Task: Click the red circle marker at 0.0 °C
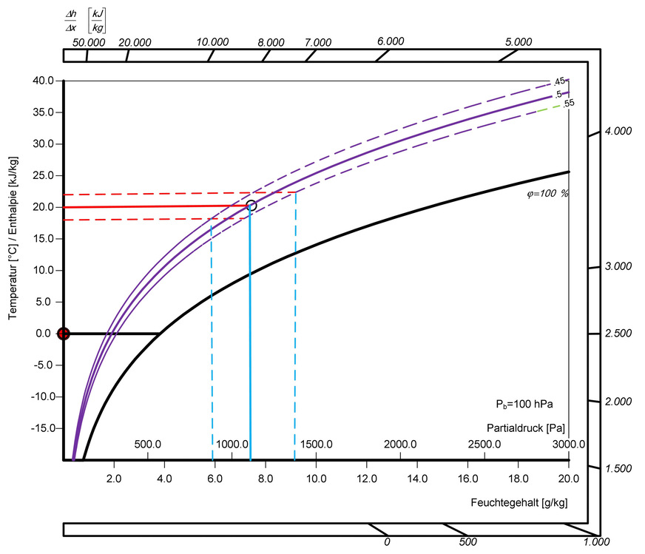click(64, 334)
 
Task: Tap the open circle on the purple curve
click(251, 206)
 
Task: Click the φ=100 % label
click(541, 193)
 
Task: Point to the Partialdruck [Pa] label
click(526, 428)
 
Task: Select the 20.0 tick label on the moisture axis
click(568, 478)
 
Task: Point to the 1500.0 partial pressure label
click(316, 444)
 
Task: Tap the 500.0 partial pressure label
click(148, 444)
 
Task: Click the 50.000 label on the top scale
click(89, 42)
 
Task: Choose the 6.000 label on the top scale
click(391, 41)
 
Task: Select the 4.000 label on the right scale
click(618, 131)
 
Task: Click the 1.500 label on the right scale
click(618, 469)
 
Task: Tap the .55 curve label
click(568, 104)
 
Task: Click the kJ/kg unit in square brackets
click(97, 21)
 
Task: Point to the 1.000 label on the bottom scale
click(596, 542)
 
